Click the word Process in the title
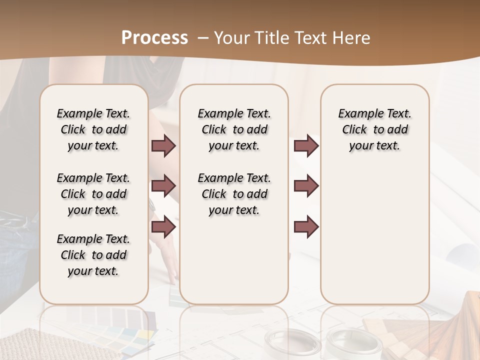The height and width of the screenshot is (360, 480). coord(154,37)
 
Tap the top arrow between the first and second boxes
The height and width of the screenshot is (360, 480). coord(163,146)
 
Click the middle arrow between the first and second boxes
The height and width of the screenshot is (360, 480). coord(163,186)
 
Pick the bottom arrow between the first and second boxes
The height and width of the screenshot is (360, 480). coord(163,227)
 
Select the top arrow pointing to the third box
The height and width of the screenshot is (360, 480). coord(306,146)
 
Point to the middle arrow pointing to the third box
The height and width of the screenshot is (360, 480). coord(306,186)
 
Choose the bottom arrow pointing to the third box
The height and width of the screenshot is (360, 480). coord(306,227)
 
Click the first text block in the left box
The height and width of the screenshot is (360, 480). coord(93,129)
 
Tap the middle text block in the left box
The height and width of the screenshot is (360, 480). coord(93,194)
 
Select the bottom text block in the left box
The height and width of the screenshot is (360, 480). coord(93,255)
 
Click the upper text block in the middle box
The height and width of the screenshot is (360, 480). coord(234,129)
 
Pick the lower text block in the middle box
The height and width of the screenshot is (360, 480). coord(234,194)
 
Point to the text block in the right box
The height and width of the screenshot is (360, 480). coord(374,129)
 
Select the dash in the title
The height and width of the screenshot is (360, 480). coord(202,38)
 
